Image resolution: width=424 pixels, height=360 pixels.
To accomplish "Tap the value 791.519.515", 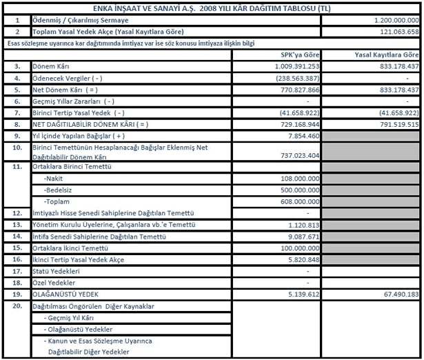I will pyautogui.click(x=396, y=124).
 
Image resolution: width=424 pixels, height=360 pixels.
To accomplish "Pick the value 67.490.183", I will pyautogui.click(x=398, y=294).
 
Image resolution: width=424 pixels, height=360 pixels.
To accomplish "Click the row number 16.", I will pyautogui.click(x=16, y=259).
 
